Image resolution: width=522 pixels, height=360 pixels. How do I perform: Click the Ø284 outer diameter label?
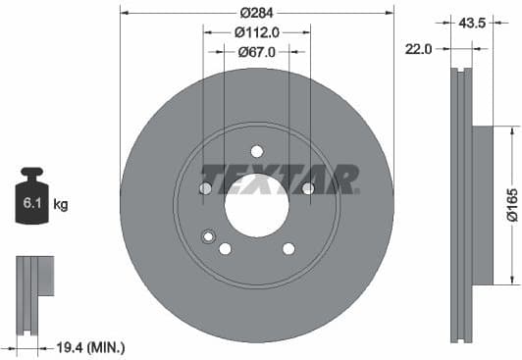click(256, 13)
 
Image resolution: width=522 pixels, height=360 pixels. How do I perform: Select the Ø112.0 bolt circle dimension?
click(256, 32)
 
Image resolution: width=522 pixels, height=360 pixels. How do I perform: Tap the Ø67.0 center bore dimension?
click(256, 52)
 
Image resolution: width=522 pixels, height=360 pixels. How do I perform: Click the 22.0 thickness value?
click(419, 47)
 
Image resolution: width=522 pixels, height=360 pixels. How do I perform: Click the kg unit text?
click(61, 205)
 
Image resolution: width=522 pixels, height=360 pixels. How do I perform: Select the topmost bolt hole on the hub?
click(256, 151)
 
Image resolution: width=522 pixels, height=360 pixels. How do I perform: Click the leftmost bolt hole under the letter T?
click(206, 188)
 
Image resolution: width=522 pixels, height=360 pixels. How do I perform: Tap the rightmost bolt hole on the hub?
click(307, 188)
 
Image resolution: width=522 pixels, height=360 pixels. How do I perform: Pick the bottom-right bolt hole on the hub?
click(287, 248)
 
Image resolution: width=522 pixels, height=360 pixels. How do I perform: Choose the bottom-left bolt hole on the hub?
click(226, 248)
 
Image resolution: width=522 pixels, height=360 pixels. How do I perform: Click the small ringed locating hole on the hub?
click(207, 235)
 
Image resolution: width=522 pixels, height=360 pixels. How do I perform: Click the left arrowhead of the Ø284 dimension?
click(124, 13)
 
